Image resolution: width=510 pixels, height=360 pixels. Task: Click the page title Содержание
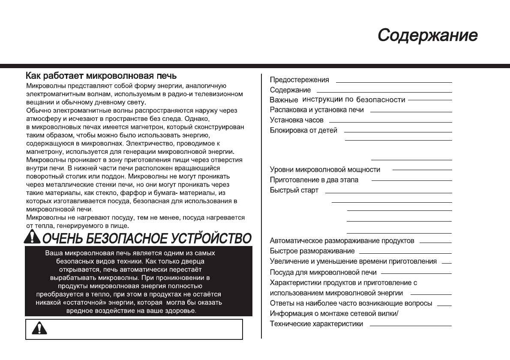pyautogui.click(x=427, y=35)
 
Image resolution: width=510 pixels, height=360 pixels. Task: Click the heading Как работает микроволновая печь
pyautogui.click(x=102, y=76)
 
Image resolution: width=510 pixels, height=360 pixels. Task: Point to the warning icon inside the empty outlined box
pyautogui.click(x=39, y=328)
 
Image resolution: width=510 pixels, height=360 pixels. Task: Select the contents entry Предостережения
pyautogui.click(x=299, y=80)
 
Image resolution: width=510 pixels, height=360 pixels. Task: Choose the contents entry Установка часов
pyautogui.click(x=297, y=120)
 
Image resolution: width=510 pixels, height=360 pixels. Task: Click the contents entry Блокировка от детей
pyautogui.click(x=303, y=130)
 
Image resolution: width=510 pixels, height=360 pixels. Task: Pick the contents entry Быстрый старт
pyautogui.click(x=294, y=190)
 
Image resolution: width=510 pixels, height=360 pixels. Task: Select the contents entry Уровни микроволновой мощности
pyautogui.click(x=325, y=170)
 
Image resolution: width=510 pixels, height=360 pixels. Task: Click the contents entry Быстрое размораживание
pyautogui.click(x=312, y=251)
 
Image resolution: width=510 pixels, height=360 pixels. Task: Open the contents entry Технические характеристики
pyautogui.click(x=316, y=324)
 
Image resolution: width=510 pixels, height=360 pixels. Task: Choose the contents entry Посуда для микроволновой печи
pyautogui.click(x=323, y=272)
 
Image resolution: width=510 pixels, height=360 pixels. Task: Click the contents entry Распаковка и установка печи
pyautogui.click(x=317, y=110)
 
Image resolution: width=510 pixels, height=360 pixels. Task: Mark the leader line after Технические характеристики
pyautogui.click(x=410, y=325)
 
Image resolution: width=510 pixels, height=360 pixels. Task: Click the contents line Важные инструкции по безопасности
pyautogui.click(x=337, y=100)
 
